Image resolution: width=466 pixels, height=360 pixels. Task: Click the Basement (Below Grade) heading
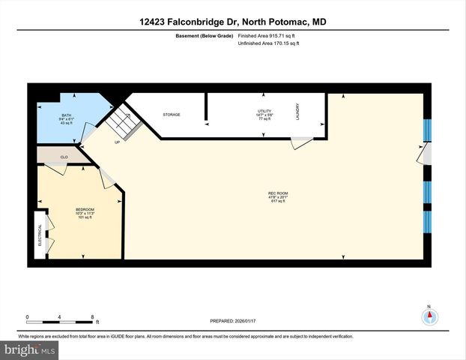202,35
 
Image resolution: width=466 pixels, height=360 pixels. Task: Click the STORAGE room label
172,115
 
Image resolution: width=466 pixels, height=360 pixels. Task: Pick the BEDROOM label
85,210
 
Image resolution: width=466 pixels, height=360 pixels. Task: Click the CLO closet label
64,157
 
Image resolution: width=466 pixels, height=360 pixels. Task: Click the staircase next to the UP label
123,121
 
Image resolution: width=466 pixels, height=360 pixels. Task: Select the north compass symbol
429,316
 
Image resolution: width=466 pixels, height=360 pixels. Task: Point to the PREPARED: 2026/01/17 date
233,322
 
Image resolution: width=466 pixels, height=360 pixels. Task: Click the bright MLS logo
28,350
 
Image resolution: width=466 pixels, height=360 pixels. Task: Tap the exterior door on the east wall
424,154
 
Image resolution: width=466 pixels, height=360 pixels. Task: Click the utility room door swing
302,142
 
